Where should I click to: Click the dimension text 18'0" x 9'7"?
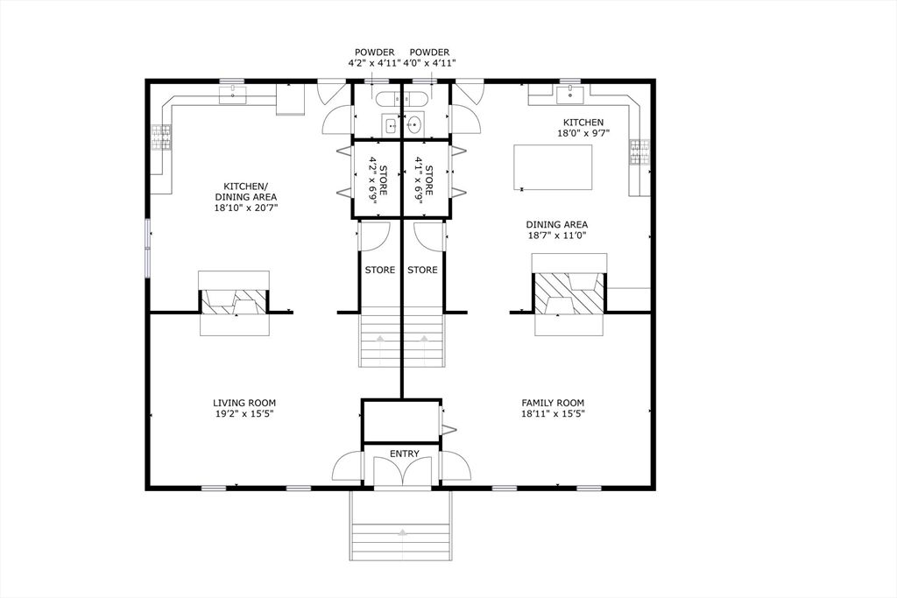click(583, 134)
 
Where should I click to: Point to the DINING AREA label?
click(556, 223)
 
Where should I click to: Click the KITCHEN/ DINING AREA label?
click(245, 186)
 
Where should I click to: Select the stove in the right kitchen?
click(638, 153)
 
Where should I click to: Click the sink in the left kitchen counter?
click(234, 94)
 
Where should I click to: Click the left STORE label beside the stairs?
click(379, 270)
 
